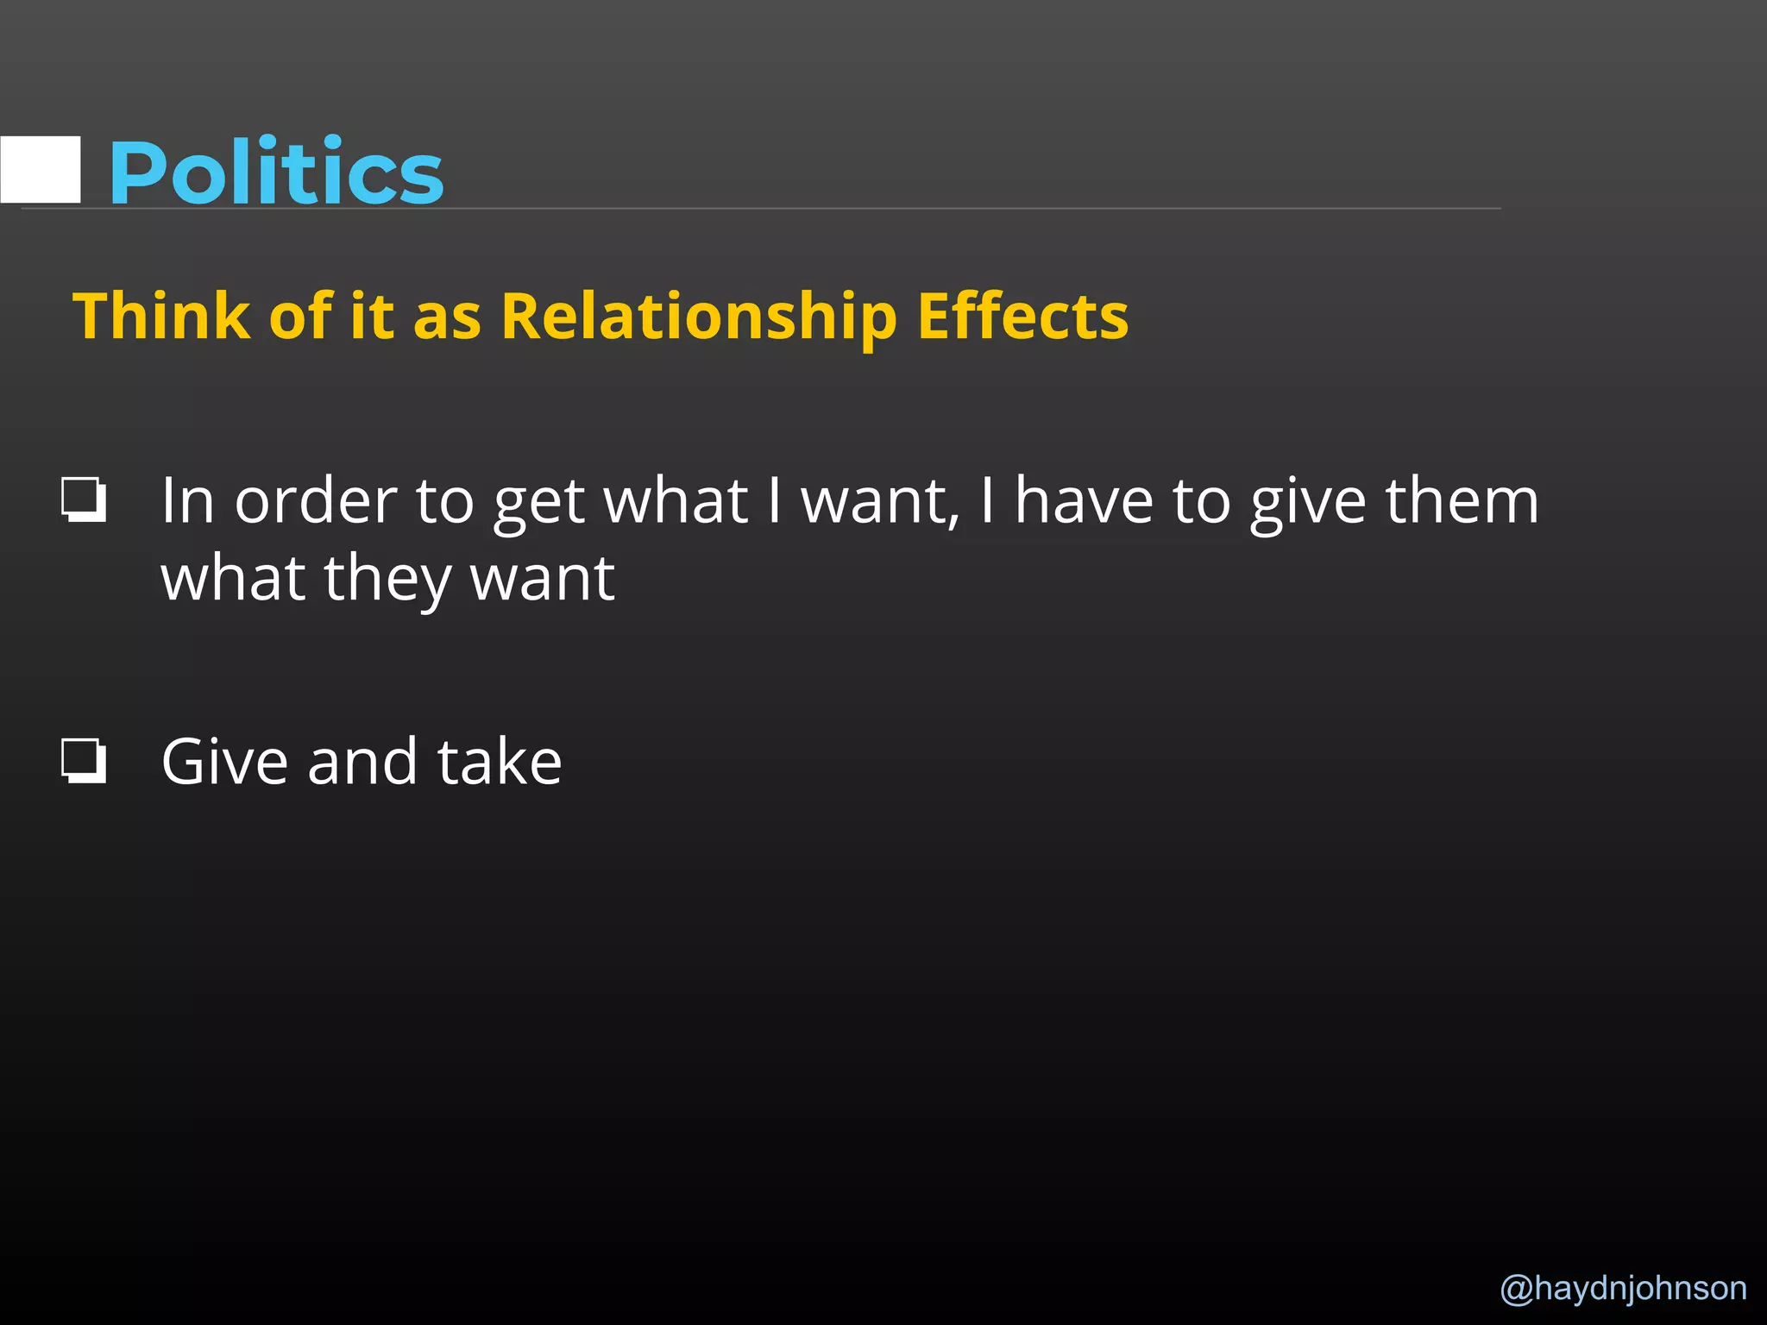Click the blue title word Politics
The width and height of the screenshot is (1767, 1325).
[276, 173]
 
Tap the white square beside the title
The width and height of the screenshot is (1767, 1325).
[41, 169]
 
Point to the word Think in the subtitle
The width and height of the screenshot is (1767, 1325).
[160, 317]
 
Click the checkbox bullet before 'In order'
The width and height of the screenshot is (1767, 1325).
[84, 499]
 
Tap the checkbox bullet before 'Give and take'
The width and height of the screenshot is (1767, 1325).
[84, 761]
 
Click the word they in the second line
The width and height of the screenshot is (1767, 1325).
[387, 580]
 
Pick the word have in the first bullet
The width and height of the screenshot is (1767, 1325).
[1084, 501]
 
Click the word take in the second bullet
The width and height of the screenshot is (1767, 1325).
[500, 763]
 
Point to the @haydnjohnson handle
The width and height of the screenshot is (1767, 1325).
[1623, 1288]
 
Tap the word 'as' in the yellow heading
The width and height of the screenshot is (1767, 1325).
[447, 318]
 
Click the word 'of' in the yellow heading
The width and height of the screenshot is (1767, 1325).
[300, 317]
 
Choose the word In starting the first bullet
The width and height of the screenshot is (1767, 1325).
[187, 501]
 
